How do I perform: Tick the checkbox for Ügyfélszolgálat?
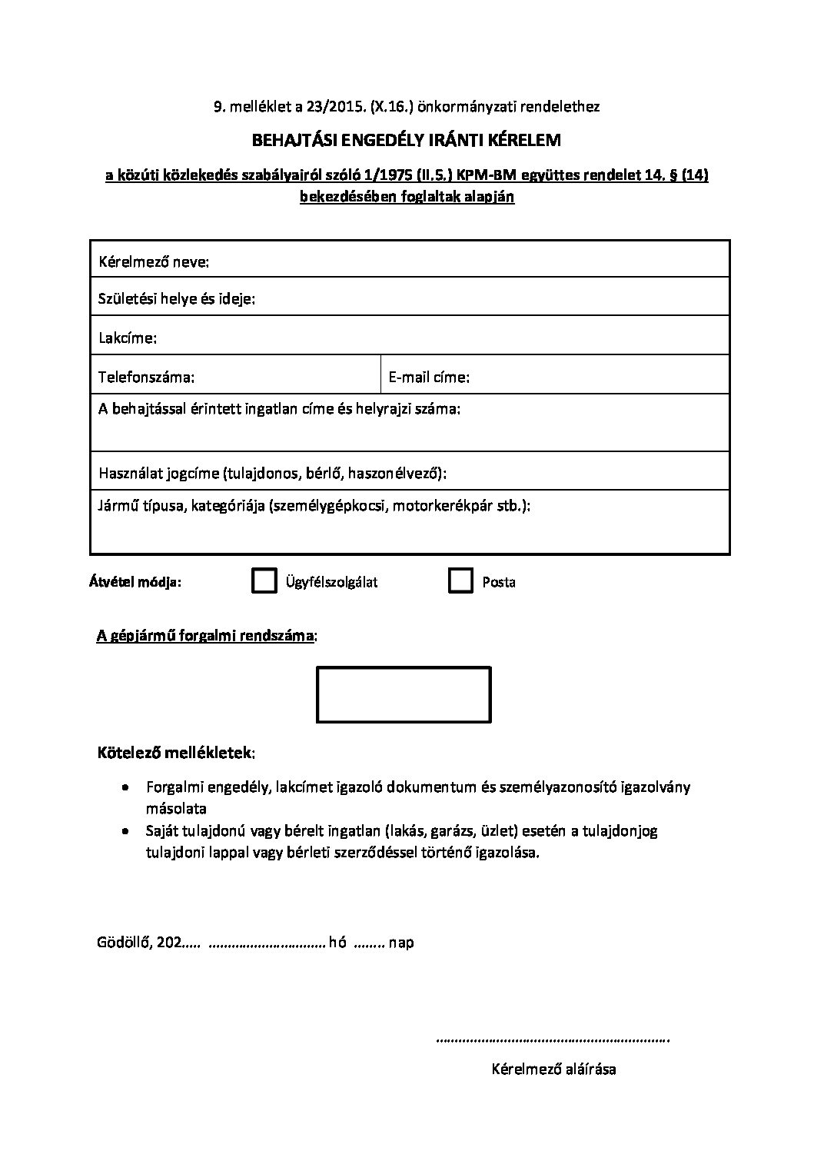(x=264, y=581)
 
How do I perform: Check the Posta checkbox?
(x=460, y=581)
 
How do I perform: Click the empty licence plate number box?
(x=404, y=694)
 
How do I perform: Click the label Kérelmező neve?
(x=154, y=262)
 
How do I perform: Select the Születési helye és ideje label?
(x=177, y=299)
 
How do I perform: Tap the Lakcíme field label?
(x=128, y=338)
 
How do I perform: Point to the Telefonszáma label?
(x=146, y=377)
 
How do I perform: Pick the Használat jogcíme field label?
(x=273, y=473)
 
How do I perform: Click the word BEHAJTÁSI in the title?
(x=294, y=140)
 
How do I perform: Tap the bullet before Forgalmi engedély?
(x=126, y=787)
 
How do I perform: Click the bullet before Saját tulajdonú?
(x=126, y=831)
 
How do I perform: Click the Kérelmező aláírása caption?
(x=553, y=1069)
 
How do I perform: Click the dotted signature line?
(x=552, y=1040)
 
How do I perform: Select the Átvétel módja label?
(x=135, y=582)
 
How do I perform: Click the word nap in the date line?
(x=401, y=942)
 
